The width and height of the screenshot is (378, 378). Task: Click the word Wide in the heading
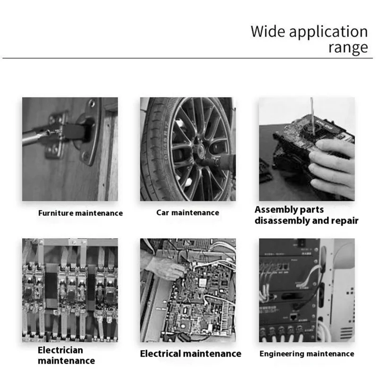pyautogui.click(x=268, y=31)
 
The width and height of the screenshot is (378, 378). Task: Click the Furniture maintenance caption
pyautogui.click(x=80, y=213)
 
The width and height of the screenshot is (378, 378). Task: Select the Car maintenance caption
pyautogui.click(x=188, y=213)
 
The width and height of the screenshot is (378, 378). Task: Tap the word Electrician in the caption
pyautogui.click(x=60, y=350)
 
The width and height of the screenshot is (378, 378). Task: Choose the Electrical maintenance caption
pyautogui.click(x=191, y=353)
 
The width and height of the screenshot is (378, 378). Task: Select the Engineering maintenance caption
pyautogui.click(x=307, y=353)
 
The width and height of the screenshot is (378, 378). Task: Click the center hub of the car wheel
pyautogui.click(x=199, y=150)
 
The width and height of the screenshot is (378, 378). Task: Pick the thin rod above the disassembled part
pyautogui.click(x=312, y=116)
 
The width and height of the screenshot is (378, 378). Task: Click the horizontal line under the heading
pyautogui.click(x=188, y=58)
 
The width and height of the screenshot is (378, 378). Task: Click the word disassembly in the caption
pyautogui.click(x=282, y=221)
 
